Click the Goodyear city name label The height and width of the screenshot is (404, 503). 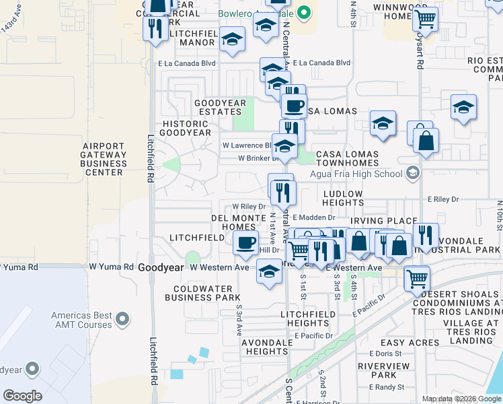160,267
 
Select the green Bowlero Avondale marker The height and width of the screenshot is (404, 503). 304,13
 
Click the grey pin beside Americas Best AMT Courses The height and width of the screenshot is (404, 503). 122,316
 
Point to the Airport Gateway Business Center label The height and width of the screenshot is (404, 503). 104,159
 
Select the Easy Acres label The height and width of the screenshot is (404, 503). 409,343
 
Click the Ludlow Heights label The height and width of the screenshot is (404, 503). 352,198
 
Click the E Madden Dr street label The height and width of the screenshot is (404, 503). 313,217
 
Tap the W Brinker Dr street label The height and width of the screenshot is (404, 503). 258,159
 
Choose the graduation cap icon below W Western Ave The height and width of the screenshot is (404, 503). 269,272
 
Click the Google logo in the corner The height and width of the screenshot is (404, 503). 22,396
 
